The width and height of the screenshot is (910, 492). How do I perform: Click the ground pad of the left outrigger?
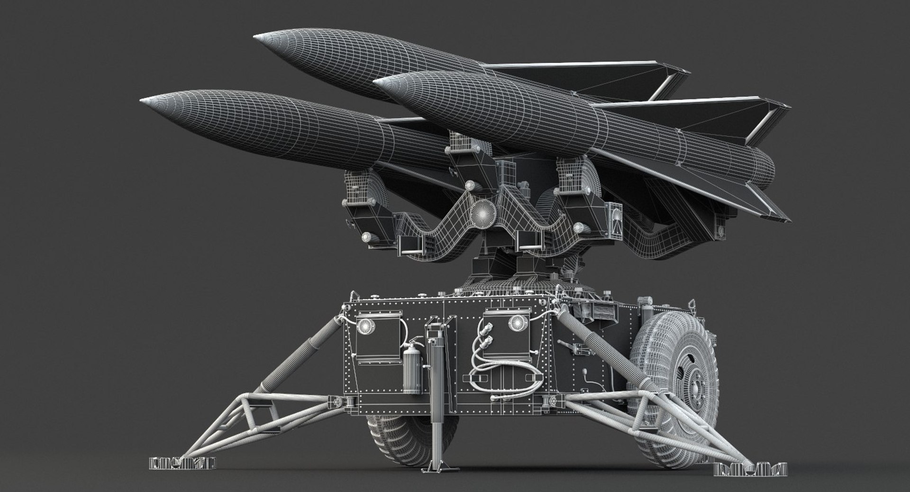(x=182, y=462)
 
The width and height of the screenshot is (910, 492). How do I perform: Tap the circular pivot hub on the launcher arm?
(x=484, y=213)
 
